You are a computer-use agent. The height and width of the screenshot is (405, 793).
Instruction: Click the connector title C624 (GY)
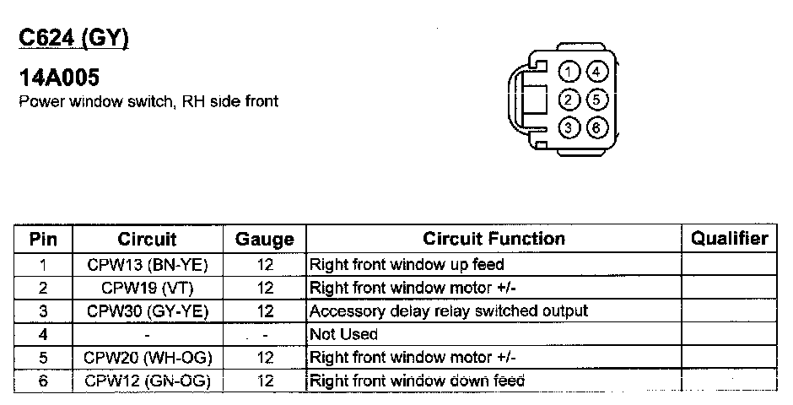(73, 39)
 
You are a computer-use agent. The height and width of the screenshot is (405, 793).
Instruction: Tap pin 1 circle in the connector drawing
(571, 72)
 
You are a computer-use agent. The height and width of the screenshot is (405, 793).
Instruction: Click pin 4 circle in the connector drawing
(596, 72)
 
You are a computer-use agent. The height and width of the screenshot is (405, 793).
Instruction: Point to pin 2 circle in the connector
(571, 100)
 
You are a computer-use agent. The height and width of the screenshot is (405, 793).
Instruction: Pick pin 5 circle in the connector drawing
(596, 100)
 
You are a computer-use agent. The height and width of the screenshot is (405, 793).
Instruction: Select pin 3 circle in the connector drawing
(571, 128)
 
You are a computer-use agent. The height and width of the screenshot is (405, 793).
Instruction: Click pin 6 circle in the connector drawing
(596, 128)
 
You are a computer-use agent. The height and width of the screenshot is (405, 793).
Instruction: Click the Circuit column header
(148, 239)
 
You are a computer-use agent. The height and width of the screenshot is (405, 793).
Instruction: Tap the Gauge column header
(265, 240)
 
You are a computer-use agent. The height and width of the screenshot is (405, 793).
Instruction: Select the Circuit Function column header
(494, 239)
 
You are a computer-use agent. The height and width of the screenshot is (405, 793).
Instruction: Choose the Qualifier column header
(730, 239)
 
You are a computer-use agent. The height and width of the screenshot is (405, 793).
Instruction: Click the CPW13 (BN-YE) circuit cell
(148, 265)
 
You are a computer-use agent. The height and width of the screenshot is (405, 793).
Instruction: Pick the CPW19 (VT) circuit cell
(148, 288)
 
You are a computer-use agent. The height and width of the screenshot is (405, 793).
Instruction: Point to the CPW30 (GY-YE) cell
(148, 311)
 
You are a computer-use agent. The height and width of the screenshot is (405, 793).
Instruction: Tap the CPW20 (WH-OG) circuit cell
(148, 358)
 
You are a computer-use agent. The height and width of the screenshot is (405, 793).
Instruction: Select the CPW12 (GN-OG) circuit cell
(148, 381)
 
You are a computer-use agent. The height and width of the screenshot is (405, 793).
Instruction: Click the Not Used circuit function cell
(344, 334)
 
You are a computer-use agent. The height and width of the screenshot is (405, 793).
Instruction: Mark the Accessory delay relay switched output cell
(449, 311)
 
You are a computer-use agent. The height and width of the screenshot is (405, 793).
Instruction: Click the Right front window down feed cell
(418, 381)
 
